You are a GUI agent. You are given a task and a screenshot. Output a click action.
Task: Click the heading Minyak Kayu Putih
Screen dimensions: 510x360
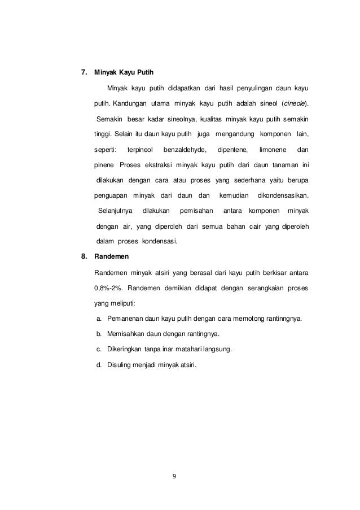[x=124, y=73]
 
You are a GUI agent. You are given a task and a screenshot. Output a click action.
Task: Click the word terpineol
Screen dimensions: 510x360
[x=141, y=150]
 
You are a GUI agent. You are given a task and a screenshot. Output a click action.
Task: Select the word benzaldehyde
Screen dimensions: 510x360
[x=185, y=150]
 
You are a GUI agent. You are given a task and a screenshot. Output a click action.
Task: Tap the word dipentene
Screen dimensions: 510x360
[x=232, y=150]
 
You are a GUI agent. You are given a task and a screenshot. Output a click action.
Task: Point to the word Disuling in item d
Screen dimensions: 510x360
[x=119, y=364]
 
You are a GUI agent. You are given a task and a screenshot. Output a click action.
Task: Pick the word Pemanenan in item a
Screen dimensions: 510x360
[x=125, y=318]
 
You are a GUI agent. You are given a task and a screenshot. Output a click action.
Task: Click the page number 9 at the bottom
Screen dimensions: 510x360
[x=174, y=476]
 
